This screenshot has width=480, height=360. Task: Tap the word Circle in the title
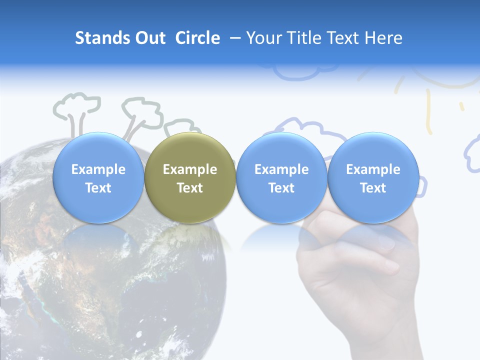coord(197,38)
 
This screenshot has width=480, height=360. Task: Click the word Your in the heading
coord(262,38)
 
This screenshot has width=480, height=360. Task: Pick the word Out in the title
coord(149,38)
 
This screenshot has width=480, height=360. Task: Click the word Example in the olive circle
coord(190,169)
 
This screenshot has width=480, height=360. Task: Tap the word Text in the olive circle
coord(190,188)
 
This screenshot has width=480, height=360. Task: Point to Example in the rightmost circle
coord(373,169)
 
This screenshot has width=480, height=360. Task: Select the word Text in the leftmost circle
coord(98,188)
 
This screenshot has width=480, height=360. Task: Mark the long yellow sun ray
coord(428,112)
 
